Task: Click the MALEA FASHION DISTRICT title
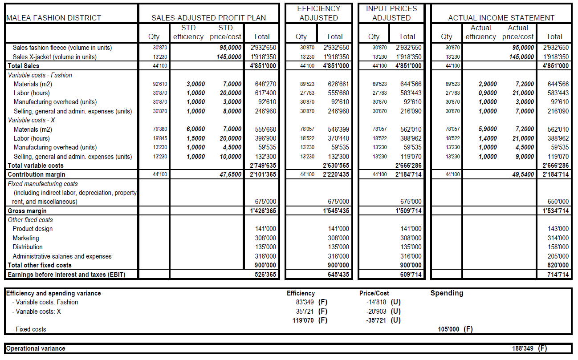[53, 18]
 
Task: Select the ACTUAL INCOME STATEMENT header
[501, 18]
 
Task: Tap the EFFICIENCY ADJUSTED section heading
[318, 13]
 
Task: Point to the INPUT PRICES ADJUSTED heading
[391, 13]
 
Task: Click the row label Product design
[33, 229]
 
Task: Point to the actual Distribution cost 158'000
[558, 247]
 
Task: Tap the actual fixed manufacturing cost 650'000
[558, 202]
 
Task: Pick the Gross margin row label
[27, 211]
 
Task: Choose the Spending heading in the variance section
[447, 293]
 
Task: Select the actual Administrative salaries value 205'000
[558, 256]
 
